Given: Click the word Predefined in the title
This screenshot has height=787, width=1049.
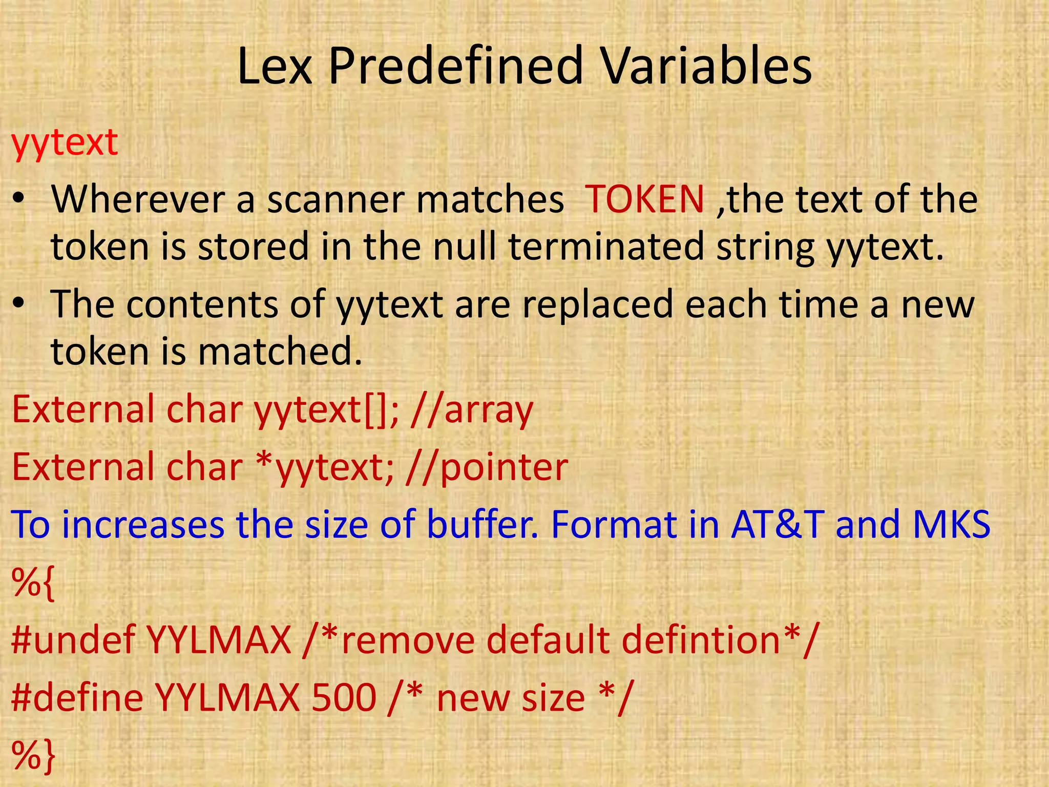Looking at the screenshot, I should pyautogui.click(x=456, y=67).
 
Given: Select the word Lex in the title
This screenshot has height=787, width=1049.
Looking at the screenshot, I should pyautogui.click(x=275, y=67).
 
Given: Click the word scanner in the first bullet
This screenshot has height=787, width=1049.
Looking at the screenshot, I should pyautogui.click(x=338, y=200).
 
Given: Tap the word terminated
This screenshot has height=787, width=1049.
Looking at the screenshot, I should pyautogui.click(x=606, y=246).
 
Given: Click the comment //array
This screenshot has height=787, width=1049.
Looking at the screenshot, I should pyautogui.click(x=472, y=410).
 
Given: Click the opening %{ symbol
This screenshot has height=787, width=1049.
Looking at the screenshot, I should pyautogui.click(x=33, y=583).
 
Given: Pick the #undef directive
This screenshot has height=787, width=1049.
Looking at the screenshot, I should pyautogui.click(x=73, y=640).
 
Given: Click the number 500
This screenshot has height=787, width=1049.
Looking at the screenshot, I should pyautogui.click(x=344, y=697).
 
